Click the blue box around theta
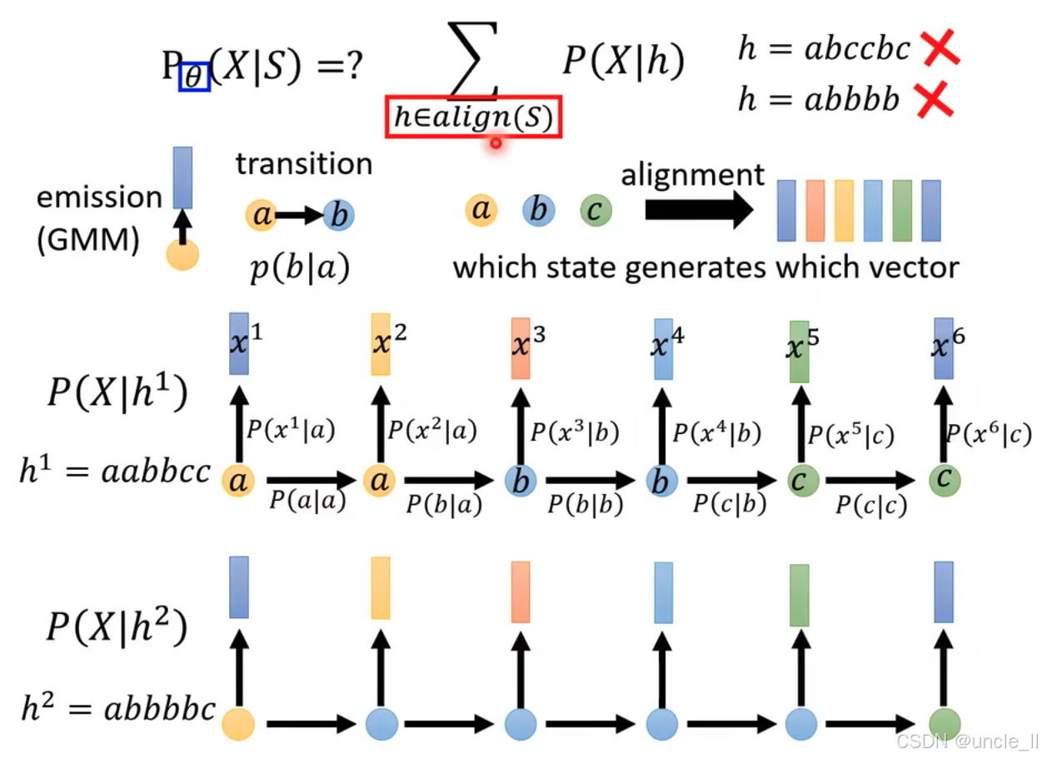tap(194, 77)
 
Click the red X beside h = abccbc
tap(940, 50)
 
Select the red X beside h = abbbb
tap(933, 101)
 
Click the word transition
tap(304, 163)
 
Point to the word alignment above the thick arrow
tap(692, 174)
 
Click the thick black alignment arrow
tap(699, 212)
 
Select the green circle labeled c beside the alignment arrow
tap(595, 211)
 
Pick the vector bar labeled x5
tap(800, 351)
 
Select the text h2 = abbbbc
tap(117, 710)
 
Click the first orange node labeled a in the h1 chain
tap(238, 481)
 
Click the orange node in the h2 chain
tap(238, 722)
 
